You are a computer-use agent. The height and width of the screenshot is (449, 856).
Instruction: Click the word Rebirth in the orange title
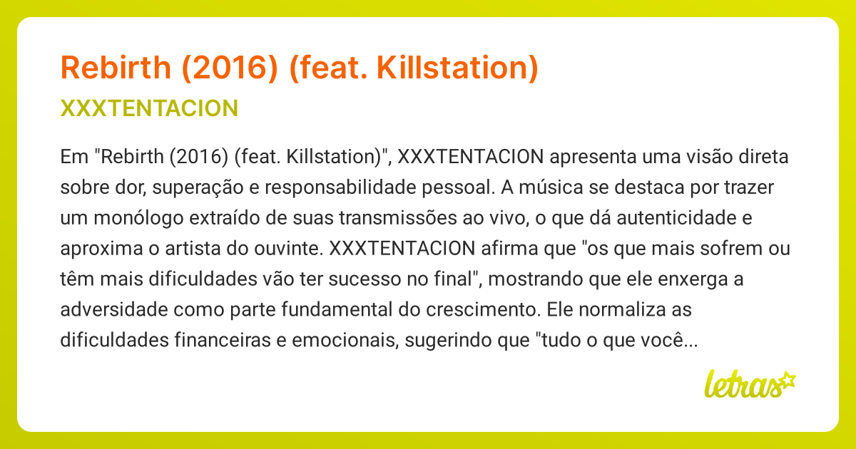[115, 68]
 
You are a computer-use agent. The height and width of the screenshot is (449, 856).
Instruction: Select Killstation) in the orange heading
[457, 68]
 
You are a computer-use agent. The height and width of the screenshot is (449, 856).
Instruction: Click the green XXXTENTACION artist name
[150, 108]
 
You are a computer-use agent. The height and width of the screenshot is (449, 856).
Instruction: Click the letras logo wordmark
[741, 386]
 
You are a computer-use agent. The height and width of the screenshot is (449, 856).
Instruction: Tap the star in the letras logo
[787, 378]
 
